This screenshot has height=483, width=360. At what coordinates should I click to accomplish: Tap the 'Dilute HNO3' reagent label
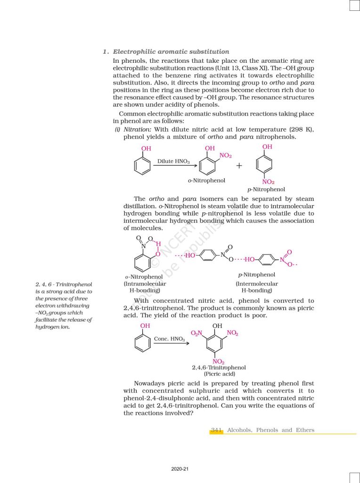(173, 161)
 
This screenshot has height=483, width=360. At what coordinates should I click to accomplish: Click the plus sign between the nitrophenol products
(239, 166)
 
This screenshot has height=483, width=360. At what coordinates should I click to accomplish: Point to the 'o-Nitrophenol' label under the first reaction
(206, 181)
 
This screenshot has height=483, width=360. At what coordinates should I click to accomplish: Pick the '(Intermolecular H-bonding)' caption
(257, 287)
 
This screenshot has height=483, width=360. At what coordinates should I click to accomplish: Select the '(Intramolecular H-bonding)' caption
(145, 287)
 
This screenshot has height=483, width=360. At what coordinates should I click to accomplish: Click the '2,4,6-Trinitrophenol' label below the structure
(219, 367)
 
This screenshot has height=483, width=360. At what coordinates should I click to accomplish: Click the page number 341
(216, 430)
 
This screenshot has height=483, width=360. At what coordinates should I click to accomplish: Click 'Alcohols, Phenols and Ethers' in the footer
(270, 430)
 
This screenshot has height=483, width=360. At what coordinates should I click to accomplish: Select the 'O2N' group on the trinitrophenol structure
(196, 333)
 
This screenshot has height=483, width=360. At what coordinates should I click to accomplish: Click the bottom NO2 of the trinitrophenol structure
(218, 361)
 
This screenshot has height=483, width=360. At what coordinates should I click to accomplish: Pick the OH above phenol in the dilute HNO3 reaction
(147, 149)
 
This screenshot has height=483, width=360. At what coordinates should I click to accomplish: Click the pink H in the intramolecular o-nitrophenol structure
(158, 244)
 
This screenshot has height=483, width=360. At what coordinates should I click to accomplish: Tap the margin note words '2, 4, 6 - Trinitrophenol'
(64, 284)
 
